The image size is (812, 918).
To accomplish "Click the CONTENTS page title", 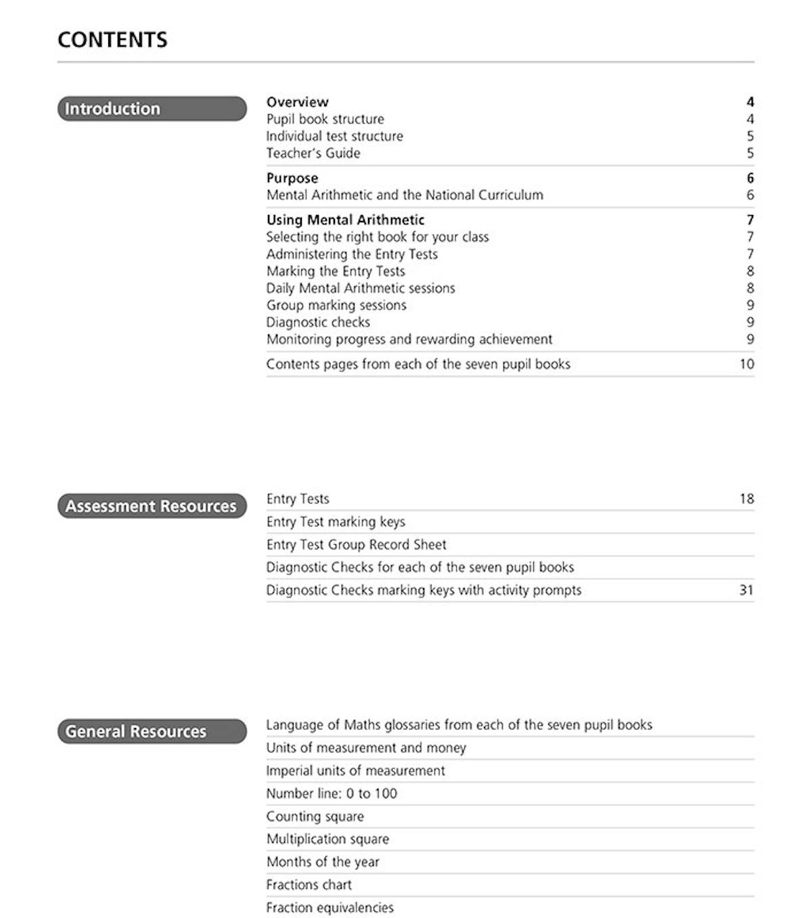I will [x=112, y=40].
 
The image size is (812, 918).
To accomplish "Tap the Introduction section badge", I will [x=152, y=109].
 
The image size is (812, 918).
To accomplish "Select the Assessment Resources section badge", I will [x=152, y=506].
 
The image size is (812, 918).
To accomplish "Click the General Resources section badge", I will [x=152, y=731].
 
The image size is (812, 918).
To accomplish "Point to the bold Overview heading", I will [x=297, y=102].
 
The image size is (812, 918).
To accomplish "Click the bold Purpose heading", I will [x=292, y=178].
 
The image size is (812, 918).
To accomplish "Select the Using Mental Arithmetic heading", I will [x=345, y=220].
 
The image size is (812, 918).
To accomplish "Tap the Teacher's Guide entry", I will [x=313, y=153].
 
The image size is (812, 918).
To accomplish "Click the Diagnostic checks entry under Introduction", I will [x=318, y=322].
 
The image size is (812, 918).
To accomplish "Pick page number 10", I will [x=746, y=364].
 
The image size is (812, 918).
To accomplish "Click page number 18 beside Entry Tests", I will [x=746, y=499].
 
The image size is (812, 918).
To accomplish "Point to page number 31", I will [x=746, y=590].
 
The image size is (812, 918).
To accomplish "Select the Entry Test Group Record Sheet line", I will [x=356, y=545].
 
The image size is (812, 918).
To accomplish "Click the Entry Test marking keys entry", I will [x=336, y=522].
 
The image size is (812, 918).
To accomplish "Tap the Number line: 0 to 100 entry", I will [x=332, y=794].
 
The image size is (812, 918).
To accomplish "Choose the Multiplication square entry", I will [x=328, y=839].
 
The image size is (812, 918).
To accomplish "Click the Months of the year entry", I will [x=323, y=862].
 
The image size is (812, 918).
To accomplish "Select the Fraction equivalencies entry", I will [x=330, y=908].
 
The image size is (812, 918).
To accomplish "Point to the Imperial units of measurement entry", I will [x=355, y=771].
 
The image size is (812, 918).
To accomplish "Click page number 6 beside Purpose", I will [x=750, y=178].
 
